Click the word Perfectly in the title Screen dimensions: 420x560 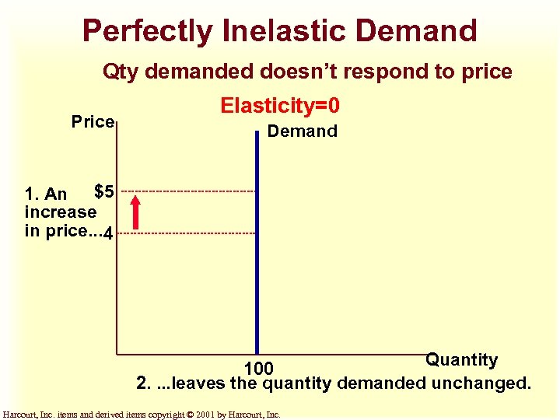pyautogui.click(x=147, y=31)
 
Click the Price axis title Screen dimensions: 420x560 pyautogui.click(x=93, y=122)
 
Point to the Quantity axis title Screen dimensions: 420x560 pyautogui.click(x=461, y=359)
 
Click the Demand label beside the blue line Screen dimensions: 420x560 pyautogui.click(x=302, y=131)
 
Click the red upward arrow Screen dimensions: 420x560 pyautogui.click(x=135, y=212)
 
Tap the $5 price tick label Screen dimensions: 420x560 pyautogui.click(x=104, y=191)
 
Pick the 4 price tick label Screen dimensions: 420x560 pyautogui.click(x=109, y=233)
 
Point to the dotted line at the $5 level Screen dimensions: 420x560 pyautogui.click(x=187, y=191)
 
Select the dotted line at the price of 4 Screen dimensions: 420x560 pyautogui.click(x=187, y=233)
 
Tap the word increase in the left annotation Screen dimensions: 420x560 pyautogui.click(x=61, y=212)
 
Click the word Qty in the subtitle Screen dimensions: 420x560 pyautogui.click(x=122, y=72)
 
